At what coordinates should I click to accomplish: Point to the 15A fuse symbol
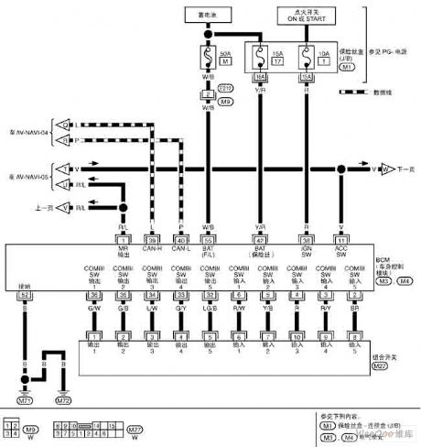pos(260,59)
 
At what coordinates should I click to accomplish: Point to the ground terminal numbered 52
pos(25,295)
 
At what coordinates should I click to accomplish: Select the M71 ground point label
pos(25,400)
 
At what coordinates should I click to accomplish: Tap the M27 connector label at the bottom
pos(134,430)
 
